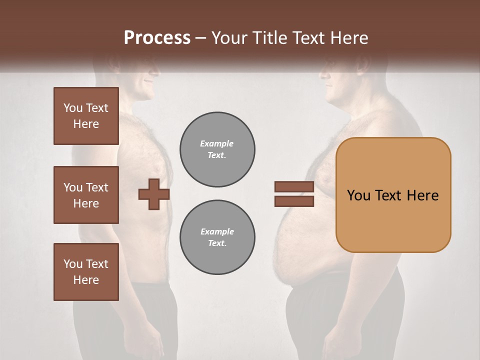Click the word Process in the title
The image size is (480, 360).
tap(157, 38)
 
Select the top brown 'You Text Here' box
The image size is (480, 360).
tap(86, 116)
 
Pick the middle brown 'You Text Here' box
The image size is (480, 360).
tap(86, 195)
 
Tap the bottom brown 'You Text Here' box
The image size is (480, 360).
tap(86, 272)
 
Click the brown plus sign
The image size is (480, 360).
tap(154, 194)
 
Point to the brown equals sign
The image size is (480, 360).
tap(294, 194)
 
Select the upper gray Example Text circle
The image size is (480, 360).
tap(217, 149)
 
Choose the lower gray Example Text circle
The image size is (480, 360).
tap(217, 237)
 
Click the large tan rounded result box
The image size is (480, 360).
tap(393, 195)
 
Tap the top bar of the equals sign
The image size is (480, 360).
tap(294, 187)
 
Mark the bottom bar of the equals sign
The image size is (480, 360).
tap(294, 201)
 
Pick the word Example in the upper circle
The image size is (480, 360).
tap(217, 143)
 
